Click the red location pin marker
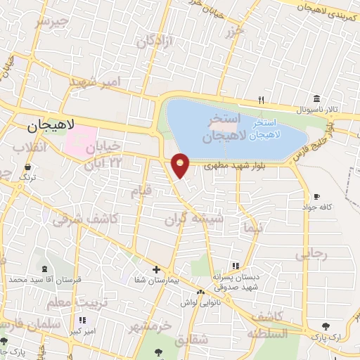click(181, 165)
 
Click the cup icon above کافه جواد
click(316, 196)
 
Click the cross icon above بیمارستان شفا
click(156, 269)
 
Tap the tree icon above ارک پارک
click(324, 326)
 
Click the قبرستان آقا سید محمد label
click(46, 280)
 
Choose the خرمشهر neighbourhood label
click(150, 326)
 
